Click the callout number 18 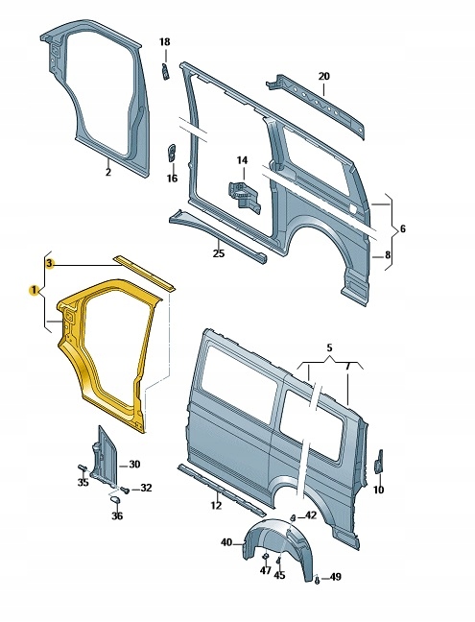[x=164, y=42]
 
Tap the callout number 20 [x=323, y=76]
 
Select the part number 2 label [x=107, y=173]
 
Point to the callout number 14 [x=242, y=159]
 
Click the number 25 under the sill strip [x=218, y=253]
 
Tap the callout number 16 [x=173, y=178]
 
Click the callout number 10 [x=378, y=490]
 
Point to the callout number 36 [x=117, y=515]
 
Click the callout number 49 [x=336, y=577]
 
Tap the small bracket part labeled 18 [x=164, y=71]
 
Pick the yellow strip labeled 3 [x=144, y=271]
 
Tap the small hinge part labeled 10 [x=378, y=461]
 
